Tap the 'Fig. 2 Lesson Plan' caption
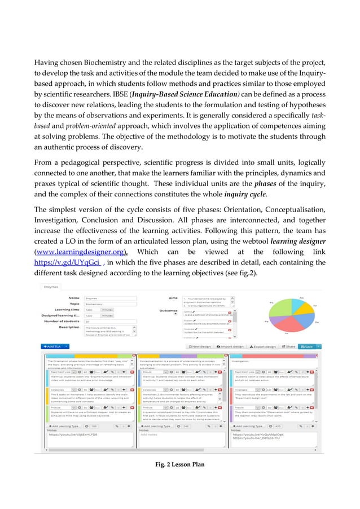[x=179, y=464]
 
